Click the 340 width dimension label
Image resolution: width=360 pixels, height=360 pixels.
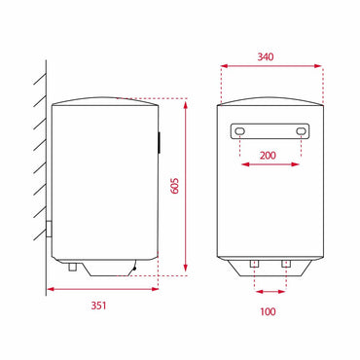pyautogui.click(x=266, y=56)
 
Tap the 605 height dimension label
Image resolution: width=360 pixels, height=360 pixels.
pyautogui.click(x=175, y=186)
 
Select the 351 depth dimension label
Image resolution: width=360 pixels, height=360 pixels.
pyautogui.click(x=98, y=306)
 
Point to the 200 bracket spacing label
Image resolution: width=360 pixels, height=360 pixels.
pyautogui.click(x=268, y=156)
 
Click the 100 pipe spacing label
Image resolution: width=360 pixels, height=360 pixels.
pyautogui.click(x=268, y=311)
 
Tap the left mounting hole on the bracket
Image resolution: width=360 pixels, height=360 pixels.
pyautogui.click(x=239, y=131)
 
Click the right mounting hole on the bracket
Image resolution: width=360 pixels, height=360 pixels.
pyautogui.click(x=301, y=131)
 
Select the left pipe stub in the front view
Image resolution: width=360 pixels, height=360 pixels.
pyautogui.click(x=254, y=264)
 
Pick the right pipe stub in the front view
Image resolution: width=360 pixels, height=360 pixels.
pyautogui.click(x=286, y=264)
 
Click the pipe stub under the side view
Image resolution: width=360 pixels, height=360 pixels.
pyautogui.click(x=72, y=267)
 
